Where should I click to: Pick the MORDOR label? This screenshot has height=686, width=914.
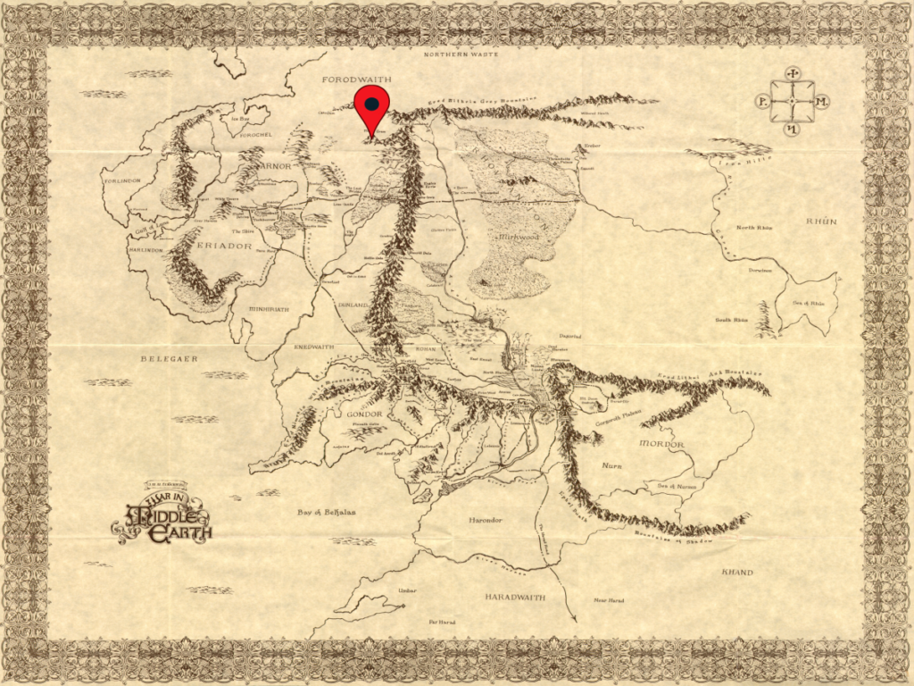(661, 444)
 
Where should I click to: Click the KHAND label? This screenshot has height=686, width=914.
(736, 572)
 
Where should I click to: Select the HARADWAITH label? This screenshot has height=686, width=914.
(515, 596)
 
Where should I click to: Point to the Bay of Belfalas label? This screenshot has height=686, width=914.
(328, 513)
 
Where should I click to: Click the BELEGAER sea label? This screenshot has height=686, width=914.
(169, 358)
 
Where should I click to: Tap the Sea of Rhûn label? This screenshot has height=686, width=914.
(810, 304)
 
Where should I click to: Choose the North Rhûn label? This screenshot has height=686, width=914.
(754, 228)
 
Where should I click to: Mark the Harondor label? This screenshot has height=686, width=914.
(486, 519)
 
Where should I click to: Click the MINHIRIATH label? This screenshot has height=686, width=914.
(268, 309)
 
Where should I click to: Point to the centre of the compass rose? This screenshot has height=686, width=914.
(792, 102)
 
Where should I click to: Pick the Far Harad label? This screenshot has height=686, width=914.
(442, 621)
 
